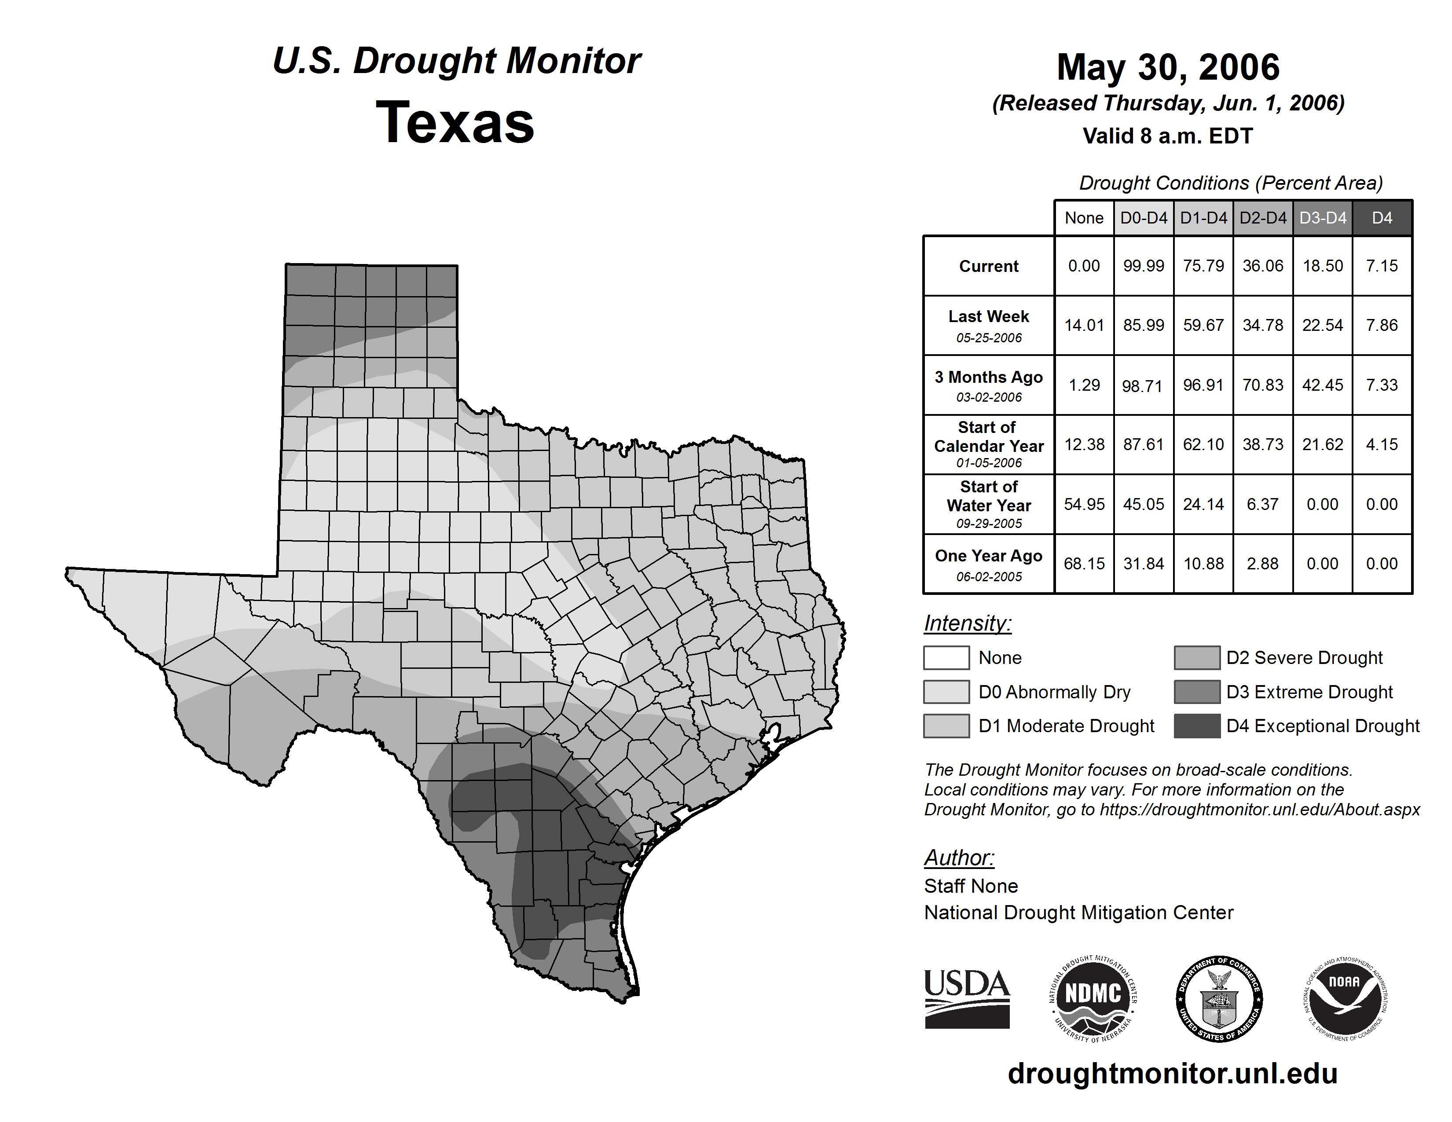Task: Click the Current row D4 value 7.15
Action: (1382, 266)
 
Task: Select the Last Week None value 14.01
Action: (1084, 325)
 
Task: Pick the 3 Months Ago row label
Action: (989, 385)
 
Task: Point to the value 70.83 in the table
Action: (1262, 385)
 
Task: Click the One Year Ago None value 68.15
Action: (1084, 564)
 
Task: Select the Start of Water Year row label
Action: (989, 504)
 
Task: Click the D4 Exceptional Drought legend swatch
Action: (1197, 726)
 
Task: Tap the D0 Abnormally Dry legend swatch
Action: (946, 692)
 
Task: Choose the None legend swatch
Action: (946, 657)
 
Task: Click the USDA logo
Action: (967, 998)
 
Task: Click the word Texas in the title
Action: (455, 122)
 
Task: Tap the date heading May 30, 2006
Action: (1168, 67)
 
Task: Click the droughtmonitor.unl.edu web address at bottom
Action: (1172, 1074)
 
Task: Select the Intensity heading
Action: (967, 623)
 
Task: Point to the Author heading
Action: (959, 858)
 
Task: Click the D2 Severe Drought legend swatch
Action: (1197, 657)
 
